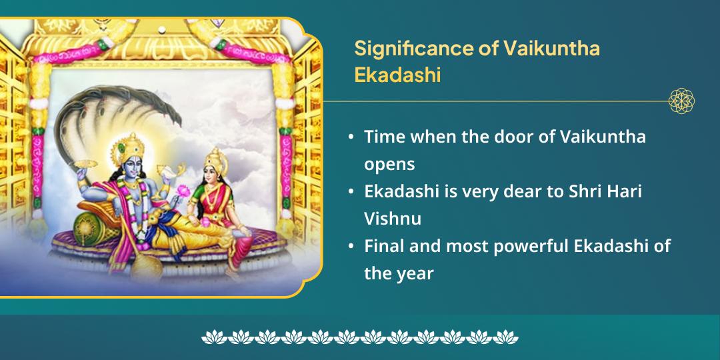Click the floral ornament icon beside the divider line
[681, 101]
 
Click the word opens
[389, 163]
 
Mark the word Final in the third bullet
[385, 246]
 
